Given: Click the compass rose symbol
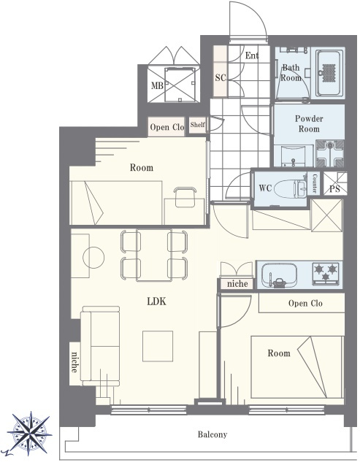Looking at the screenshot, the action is point(29,434).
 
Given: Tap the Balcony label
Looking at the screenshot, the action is point(212,434).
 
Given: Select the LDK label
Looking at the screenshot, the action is point(156,301).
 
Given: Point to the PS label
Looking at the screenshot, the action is point(334,189).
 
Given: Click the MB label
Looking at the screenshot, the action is point(157,85).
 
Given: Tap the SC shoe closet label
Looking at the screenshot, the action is point(221,77).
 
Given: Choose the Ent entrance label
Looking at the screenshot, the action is point(252,55).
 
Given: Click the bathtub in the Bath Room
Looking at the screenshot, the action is point(329,73).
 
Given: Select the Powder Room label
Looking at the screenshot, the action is point(309,123).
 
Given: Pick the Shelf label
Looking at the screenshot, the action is point(197,125).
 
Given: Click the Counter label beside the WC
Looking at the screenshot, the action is point(314,183).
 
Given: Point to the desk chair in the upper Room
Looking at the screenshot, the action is point(185,197).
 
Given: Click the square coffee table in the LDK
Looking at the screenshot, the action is point(158,346).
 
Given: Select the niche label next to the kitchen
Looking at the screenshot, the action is point(237,284).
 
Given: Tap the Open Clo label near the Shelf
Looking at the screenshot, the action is point(167,127).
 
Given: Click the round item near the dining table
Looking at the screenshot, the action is point(93,258).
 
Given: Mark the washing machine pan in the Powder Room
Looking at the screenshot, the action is point(330,153).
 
